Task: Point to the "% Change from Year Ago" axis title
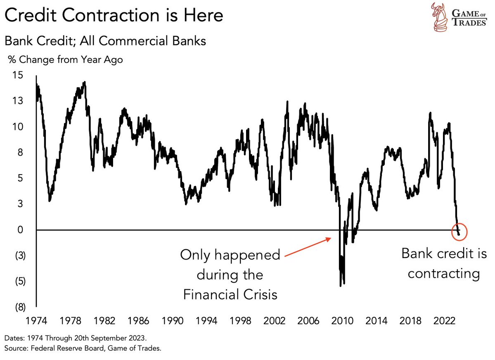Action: click(65, 60)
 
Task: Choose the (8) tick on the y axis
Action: click(19, 307)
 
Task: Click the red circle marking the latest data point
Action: click(459, 231)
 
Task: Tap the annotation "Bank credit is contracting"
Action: click(444, 263)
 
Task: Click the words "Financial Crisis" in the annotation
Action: click(230, 294)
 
